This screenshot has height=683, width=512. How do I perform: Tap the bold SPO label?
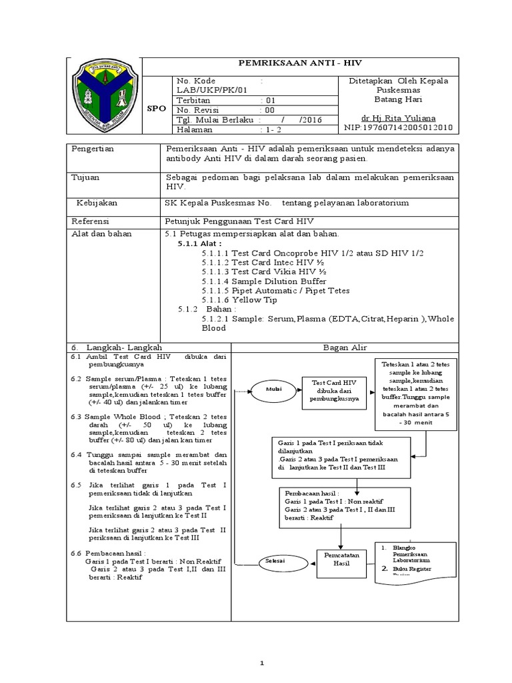point(157,107)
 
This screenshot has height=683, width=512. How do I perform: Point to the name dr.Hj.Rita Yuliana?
point(399,116)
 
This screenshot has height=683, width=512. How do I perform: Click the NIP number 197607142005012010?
point(398,126)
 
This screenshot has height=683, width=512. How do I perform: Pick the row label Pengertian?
point(93,149)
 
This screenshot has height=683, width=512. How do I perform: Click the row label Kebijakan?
point(97,202)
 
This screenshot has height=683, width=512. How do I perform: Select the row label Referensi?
point(92,220)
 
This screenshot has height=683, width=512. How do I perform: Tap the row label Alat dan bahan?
point(101,234)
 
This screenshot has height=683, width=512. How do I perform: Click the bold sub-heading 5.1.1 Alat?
point(200,244)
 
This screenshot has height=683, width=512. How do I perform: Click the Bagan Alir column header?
point(345,348)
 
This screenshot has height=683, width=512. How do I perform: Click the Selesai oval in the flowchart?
point(272,561)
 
